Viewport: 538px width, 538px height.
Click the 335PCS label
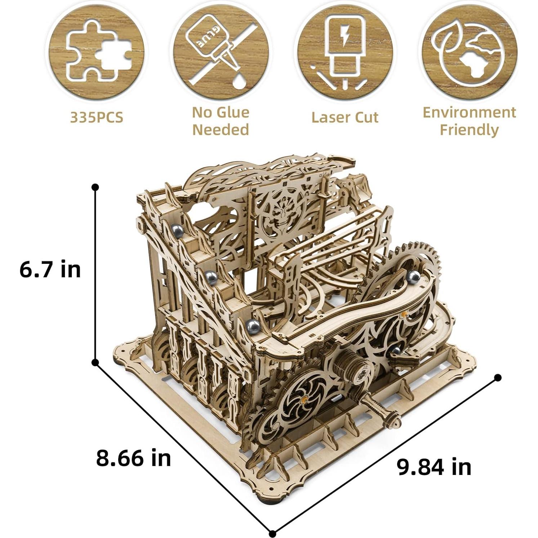point(97,117)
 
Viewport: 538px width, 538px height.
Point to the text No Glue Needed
point(221,121)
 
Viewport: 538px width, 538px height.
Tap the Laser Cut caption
point(345,117)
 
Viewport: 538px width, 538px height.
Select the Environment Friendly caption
point(469,121)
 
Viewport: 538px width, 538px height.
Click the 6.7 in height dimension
point(50,270)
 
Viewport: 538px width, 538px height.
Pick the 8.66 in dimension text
point(133,458)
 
